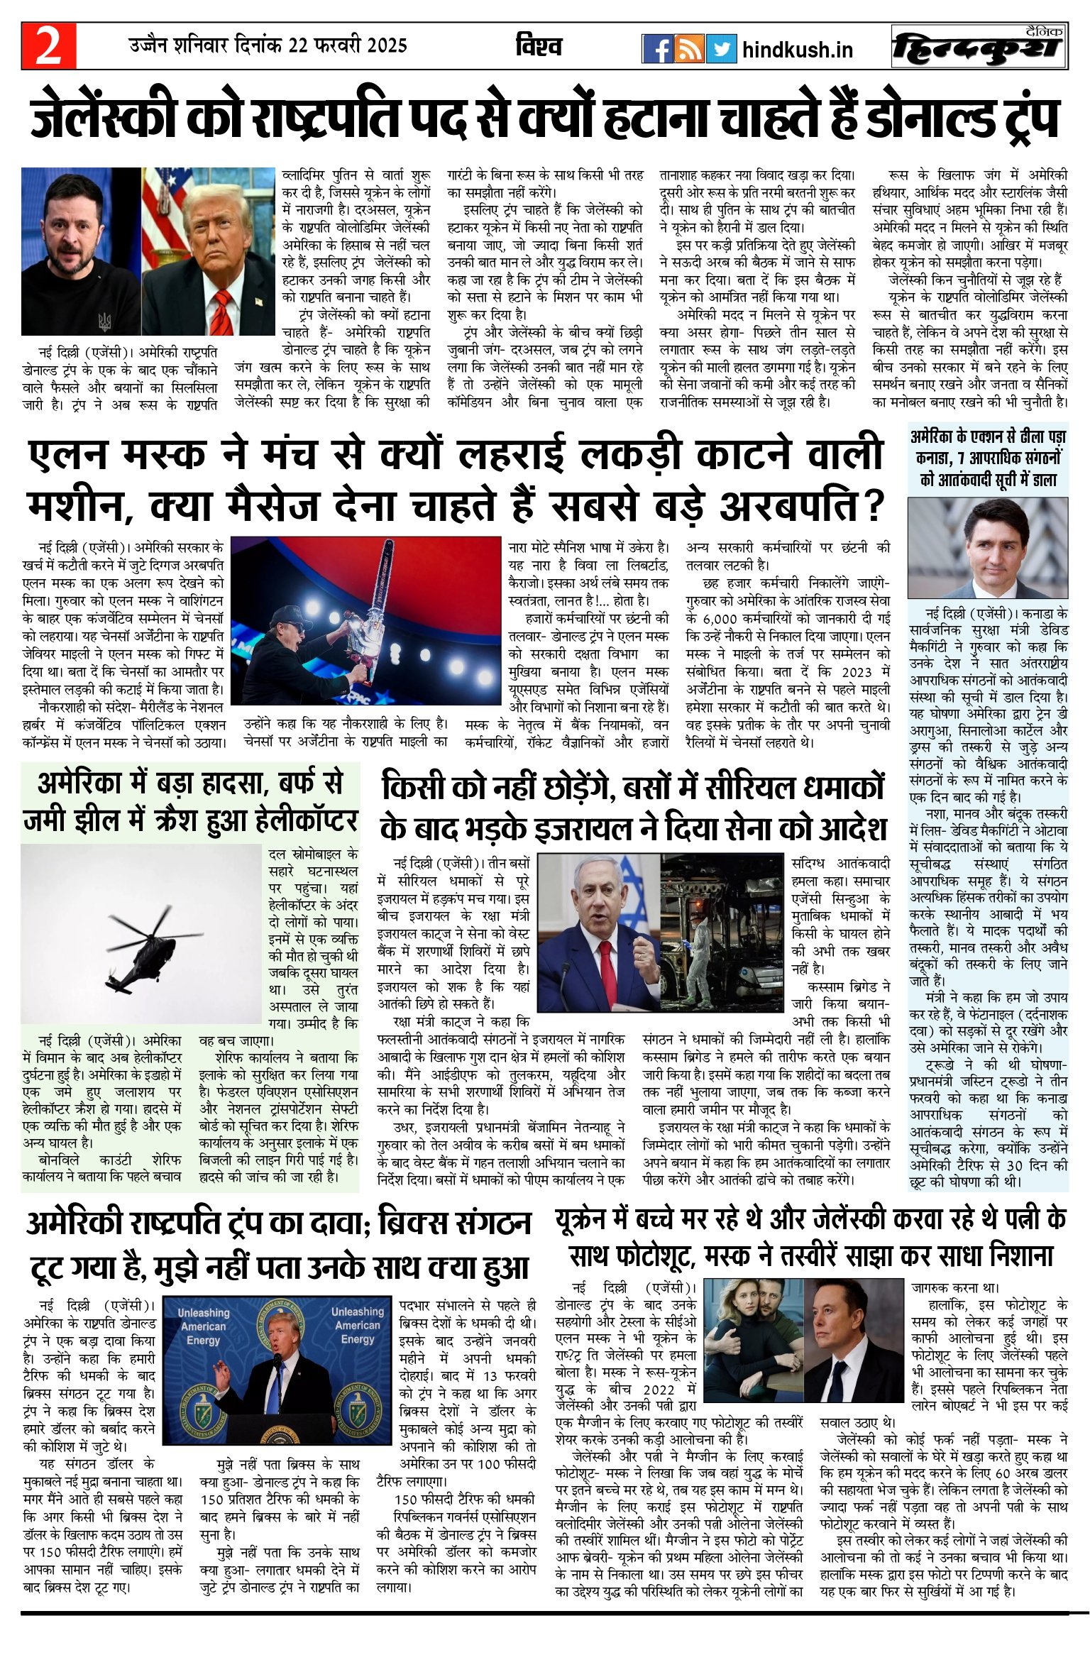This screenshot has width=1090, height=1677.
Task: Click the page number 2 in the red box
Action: pyautogui.click(x=48, y=45)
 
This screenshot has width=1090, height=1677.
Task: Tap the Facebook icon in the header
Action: pyautogui.click(x=656, y=49)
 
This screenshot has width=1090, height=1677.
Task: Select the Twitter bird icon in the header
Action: pyautogui.click(x=721, y=49)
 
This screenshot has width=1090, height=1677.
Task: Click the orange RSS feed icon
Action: pyautogui.click(x=689, y=49)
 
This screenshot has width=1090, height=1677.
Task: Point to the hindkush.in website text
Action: pyautogui.click(x=797, y=50)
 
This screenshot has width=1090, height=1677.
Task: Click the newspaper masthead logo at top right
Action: pyautogui.click(x=979, y=48)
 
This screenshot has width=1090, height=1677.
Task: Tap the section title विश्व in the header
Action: pyautogui.click(x=539, y=47)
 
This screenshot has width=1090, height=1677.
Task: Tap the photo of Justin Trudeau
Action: pyautogui.click(x=988, y=547)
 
